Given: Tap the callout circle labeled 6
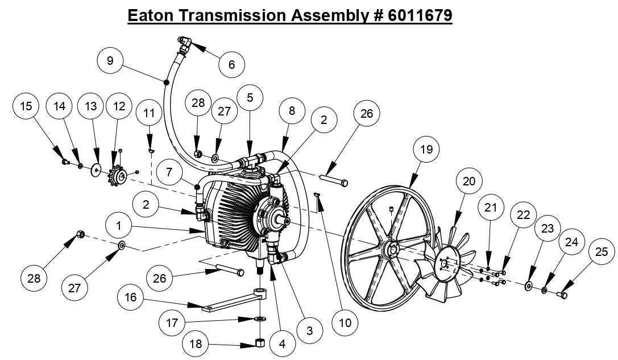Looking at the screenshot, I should coord(231,64).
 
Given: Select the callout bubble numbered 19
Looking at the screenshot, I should coord(426,150).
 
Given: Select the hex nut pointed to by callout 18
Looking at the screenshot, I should coord(260,343).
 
